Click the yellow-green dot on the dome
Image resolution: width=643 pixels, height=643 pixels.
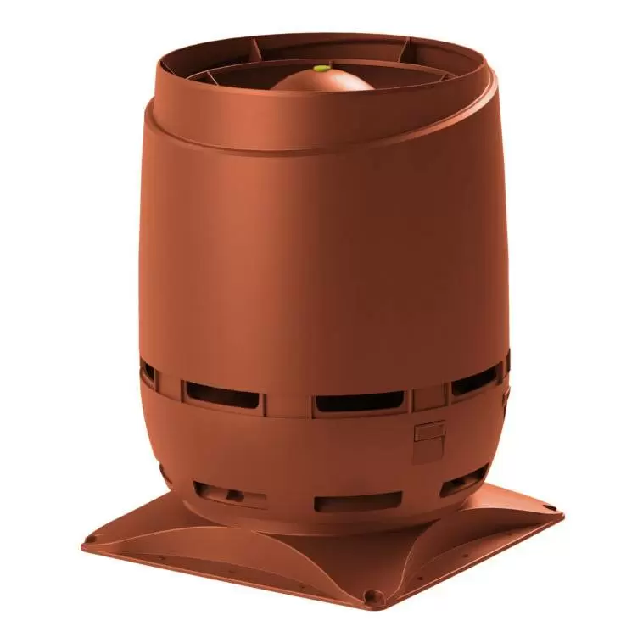pos(321,68)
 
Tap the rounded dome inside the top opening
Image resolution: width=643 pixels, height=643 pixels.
pos(322,81)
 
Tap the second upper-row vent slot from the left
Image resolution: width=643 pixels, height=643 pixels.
pos(221,394)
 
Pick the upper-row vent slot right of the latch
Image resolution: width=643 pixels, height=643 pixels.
pos(476,381)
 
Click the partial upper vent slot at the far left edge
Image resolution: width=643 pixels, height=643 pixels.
pos(148,373)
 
